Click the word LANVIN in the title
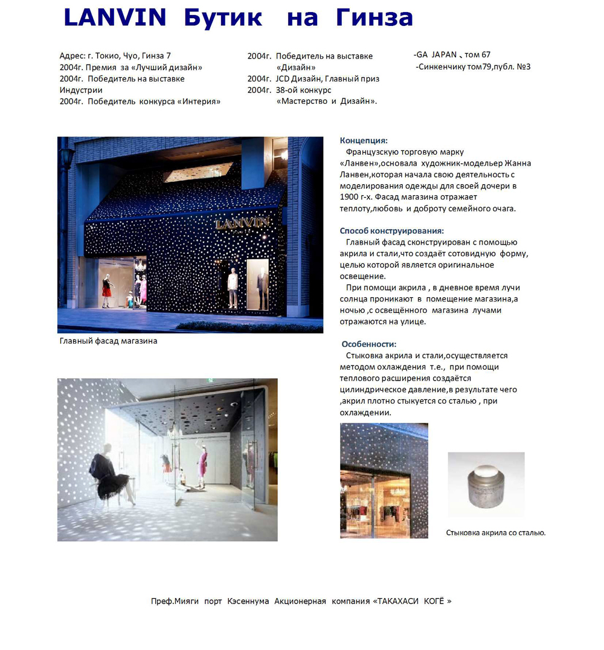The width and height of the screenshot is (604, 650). [x=115, y=18]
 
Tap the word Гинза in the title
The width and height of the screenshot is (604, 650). [x=374, y=18]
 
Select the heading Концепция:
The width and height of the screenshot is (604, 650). [x=364, y=141]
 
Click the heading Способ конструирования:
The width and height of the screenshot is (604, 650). [x=392, y=231]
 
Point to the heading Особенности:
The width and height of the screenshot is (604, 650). [x=369, y=344]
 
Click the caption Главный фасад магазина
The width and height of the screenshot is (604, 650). [x=108, y=341]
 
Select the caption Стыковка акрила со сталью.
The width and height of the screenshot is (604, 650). [x=496, y=533]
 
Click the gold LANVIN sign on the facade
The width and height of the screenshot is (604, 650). [x=242, y=224]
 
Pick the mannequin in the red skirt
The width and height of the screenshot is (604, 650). [x=107, y=289]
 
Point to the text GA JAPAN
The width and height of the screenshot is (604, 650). [x=436, y=55]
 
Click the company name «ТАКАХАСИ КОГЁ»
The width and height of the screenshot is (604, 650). [x=413, y=601]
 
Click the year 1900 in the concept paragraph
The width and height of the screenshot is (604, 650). [x=350, y=197]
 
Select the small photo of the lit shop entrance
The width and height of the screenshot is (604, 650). [x=384, y=480]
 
